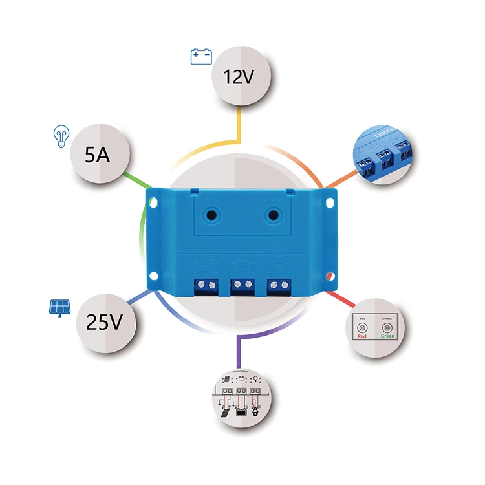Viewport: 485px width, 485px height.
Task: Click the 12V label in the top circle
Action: pos(239,77)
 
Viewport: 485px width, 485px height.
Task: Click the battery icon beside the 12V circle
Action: pos(200,57)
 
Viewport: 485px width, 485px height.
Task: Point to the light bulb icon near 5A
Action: pos(59,136)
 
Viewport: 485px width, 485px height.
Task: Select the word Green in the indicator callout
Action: pos(387,336)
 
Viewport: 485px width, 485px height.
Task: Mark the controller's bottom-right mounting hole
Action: pos(332,279)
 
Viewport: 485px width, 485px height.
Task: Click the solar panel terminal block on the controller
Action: pos(206,284)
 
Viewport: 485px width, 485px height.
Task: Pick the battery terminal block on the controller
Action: pos(242,284)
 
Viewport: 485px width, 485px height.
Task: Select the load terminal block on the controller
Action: pos(279,284)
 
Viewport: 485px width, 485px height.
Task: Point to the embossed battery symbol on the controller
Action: pos(242,264)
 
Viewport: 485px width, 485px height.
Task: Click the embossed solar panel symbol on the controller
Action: pos(206,264)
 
